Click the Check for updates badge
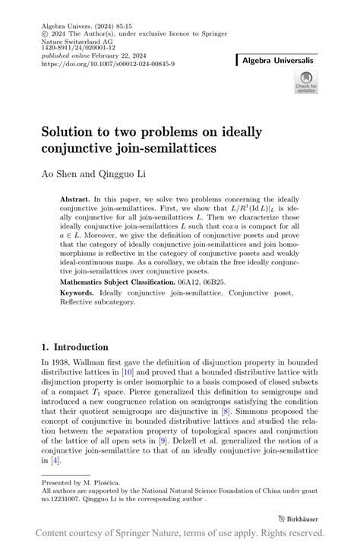click(306, 83)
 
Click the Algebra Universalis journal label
click(279, 59)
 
